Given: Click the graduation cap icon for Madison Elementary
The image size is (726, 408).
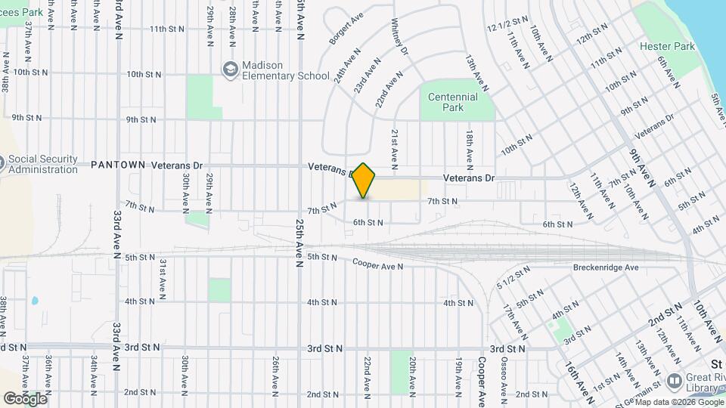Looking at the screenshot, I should pos(229,70).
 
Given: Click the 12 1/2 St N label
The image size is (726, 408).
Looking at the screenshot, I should pos(507,25).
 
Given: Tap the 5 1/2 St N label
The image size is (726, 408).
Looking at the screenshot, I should pos(510,280).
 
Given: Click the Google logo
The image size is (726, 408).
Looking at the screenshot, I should pos(24,398).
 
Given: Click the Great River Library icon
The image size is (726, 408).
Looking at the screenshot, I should pos(674,380).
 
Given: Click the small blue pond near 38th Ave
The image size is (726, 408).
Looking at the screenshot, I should pos(35,301).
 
